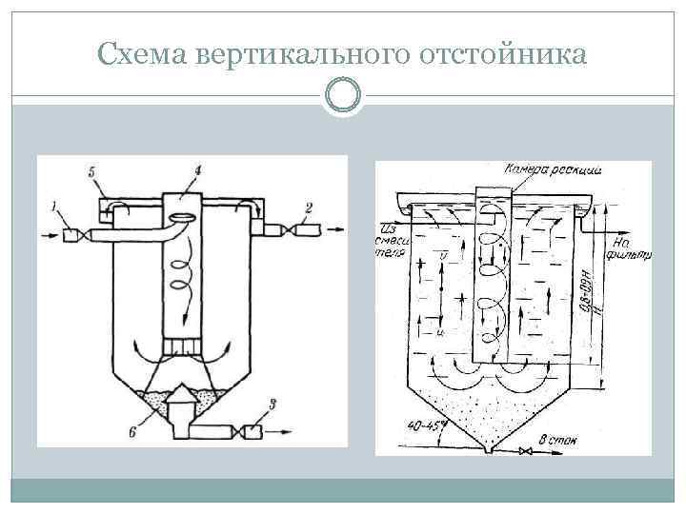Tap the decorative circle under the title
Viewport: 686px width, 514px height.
pos(343,95)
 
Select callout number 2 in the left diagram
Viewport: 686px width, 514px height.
pos(308,207)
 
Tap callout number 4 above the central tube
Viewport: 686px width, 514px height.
pos(196,170)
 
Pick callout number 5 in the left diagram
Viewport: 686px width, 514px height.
pos(91,171)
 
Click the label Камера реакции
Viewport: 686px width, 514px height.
pos(553,168)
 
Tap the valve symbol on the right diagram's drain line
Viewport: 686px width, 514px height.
pos(522,451)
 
